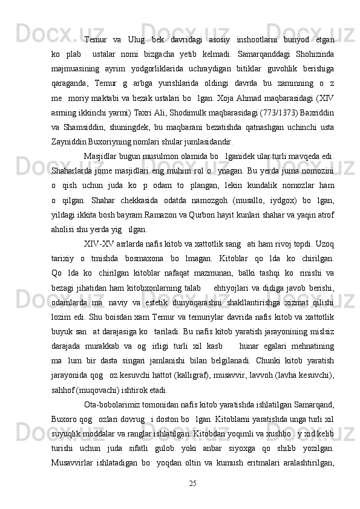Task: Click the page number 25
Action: tap(193, 501)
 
